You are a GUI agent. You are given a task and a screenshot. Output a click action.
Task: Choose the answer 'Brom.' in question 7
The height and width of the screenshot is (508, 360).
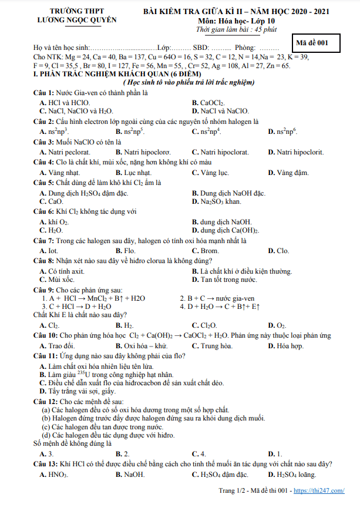pyautogui.click(x=214, y=251)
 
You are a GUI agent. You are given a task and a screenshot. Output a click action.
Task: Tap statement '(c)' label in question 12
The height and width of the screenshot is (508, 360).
pyautogui.click(x=45, y=426)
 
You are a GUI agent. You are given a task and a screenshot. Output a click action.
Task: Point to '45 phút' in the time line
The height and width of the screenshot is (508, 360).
pyautogui.click(x=250, y=29)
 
